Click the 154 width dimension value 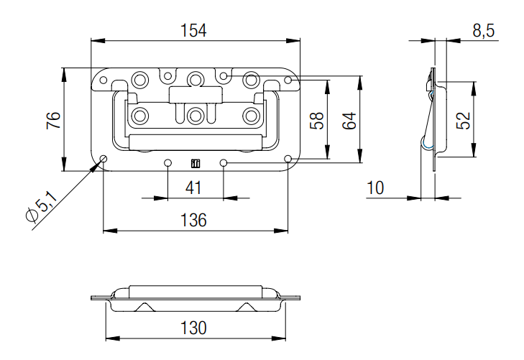pyautogui.click(x=194, y=30)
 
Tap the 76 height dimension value pyautogui.click(x=52, y=119)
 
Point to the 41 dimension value pyautogui.click(x=194, y=188)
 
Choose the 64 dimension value pyautogui.click(x=349, y=119)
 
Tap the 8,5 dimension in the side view pyautogui.click(x=482, y=31)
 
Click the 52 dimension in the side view pyautogui.click(x=464, y=119)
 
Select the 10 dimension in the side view pyautogui.click(x=374, y=188)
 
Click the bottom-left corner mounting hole pyautogui.click(x=104, y=159)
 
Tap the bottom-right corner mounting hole pyautogui.click(x=288, y=159)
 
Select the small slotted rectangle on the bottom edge pyautogui.click(x=195, y=163)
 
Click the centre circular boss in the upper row pyautogui.click(x=196, y=78)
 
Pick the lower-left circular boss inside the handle pyautogui.click(x=141, y=115)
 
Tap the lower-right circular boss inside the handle pyautogui.click(x=251, y=115)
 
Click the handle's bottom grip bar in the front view pyautogui.click(x=195, y=142)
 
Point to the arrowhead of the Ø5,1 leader pyautogui.click(x=99, y=163)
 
